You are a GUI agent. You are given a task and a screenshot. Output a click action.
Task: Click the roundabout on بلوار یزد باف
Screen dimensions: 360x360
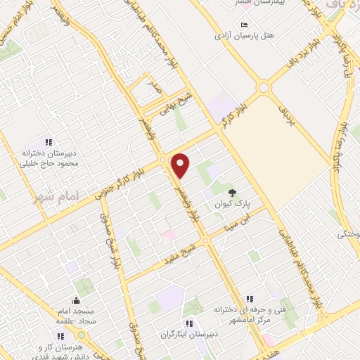pos(264,87)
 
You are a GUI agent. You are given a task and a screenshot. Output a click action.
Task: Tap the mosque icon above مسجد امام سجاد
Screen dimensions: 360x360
pos(75,300)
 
